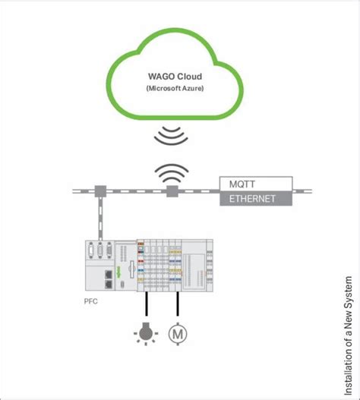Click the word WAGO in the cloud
(x=162, y=77)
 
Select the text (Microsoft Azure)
(x=175, y=89)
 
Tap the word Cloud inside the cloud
(x=190, y=77)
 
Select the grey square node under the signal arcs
(x=172, y=191)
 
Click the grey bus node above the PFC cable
(x=100, y=191)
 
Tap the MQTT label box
(x=256, y=184)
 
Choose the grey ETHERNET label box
(x=256, y=198)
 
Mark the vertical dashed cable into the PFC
(x=100, y=219)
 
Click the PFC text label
(x=91, y=301)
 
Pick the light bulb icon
(x=146, y=334)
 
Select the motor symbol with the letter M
(x=178, y=334)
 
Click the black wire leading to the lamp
(x=147, y=304)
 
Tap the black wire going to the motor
(x=178, y=304)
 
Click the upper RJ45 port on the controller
(x=109, y=274)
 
